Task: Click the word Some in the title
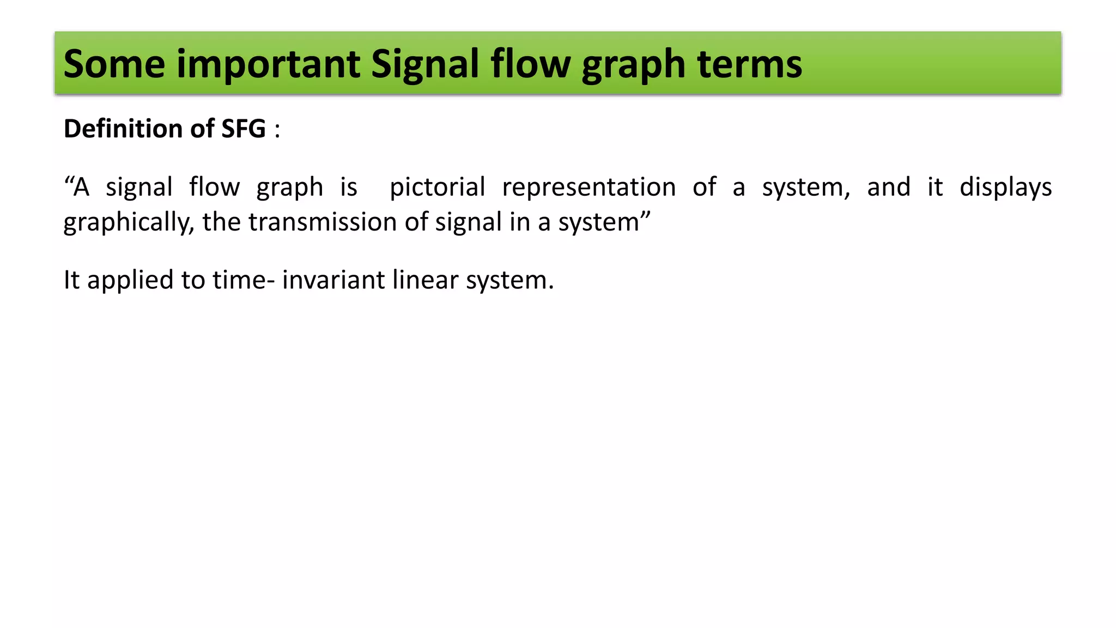(114, 64)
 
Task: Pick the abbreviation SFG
(244, 129)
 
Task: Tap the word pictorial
(437, 187)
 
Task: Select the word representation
(589, 187)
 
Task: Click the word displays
(1005, 187)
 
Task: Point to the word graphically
(129, 222)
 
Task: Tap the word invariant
(333, 280)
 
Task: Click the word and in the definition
(889, 187)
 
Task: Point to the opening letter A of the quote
(81, 187)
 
